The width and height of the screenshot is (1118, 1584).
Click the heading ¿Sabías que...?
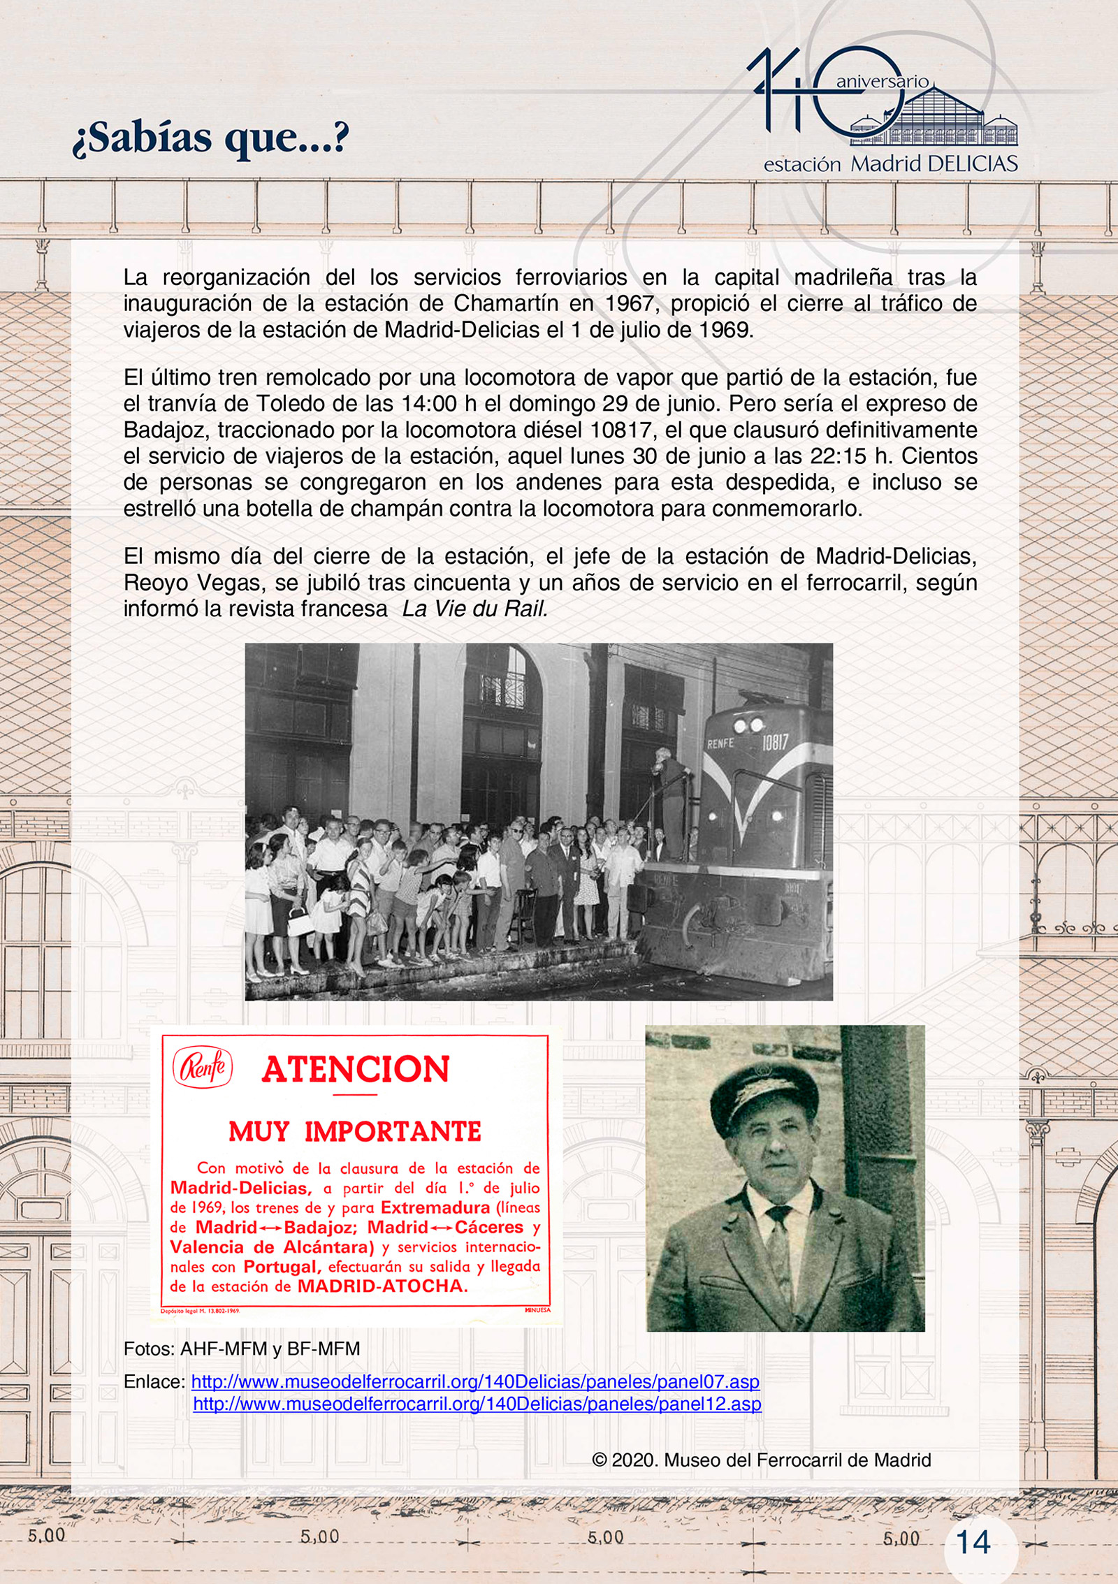click(x=210, y=138)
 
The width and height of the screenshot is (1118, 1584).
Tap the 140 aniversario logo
click(x=882, y=110)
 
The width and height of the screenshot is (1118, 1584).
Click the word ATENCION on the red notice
click(x=356, y=1070)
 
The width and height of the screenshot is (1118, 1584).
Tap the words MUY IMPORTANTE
click(x=355, y=1132)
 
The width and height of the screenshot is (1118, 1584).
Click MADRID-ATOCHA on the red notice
click(x=382, y=1286)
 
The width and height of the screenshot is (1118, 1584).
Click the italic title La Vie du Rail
click(x=475, y=609)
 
